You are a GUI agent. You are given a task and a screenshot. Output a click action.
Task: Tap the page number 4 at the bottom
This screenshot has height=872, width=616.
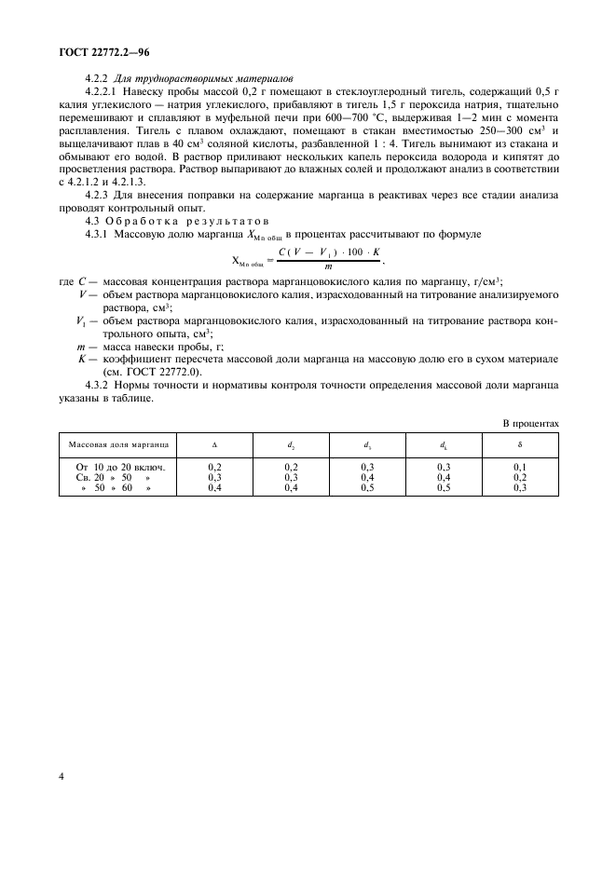click(61, 774)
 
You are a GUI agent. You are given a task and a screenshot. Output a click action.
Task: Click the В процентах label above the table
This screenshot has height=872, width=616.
click(531, 424)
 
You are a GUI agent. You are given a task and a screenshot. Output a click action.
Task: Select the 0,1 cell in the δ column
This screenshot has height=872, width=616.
click(519, 465)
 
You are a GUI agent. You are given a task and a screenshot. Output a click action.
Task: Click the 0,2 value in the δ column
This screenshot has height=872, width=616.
click(519, 476)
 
